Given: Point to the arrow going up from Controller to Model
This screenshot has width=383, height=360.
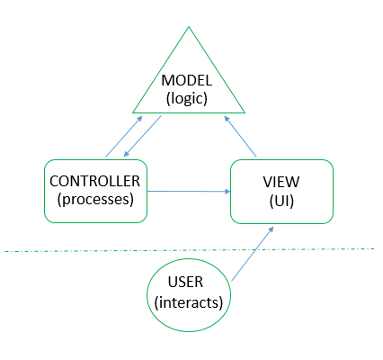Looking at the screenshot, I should (x=124, y=136).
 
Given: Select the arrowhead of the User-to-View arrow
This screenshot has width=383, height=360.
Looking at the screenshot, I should (x=271, y=229).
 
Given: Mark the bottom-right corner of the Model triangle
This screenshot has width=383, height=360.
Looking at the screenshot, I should (x=245, y=112).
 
